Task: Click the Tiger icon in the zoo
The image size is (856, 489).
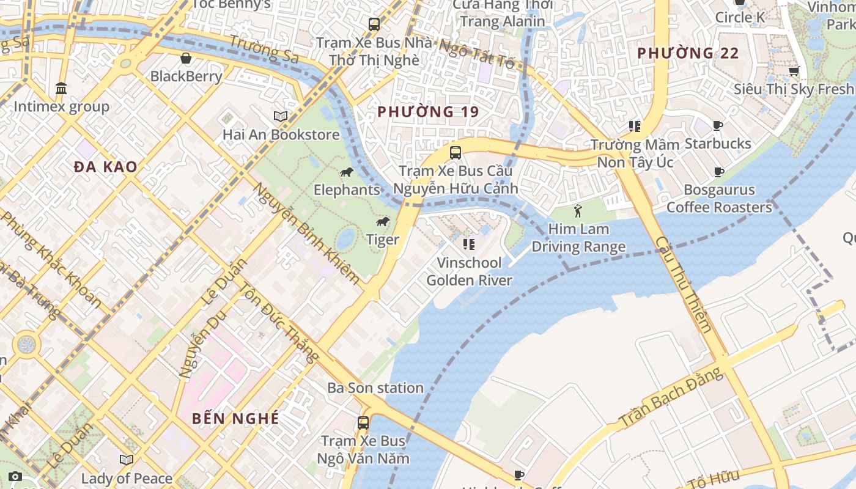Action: [x=383, y=221]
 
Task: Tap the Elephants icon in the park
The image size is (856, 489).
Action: [x=347, y=172]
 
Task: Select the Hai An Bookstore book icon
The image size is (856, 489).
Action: [x=281, y=116]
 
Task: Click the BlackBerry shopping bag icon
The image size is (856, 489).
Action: [x=186, y=58]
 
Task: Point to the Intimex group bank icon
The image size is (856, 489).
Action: [x=61, y=89]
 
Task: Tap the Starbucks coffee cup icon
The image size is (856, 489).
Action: [x=718, y=126]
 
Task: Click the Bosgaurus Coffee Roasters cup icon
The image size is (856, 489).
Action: [x=719, y=172]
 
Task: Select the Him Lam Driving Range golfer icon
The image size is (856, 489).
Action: [x=578, y=211]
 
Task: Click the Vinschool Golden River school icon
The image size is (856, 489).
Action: [x=469, y=244]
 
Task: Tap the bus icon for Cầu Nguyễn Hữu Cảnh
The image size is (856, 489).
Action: [x=456, y=153]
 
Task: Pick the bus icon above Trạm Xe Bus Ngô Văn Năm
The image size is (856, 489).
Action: [x=363, y=422]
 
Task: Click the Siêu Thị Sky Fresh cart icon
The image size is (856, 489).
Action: [x=794, y=71]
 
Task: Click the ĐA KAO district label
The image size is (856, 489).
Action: [x=106, y=167]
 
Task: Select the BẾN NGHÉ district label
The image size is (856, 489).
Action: [x=235, y=419]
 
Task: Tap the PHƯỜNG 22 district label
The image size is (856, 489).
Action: [x=688, y=53]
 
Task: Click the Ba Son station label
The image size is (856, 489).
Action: [x=375, y=388]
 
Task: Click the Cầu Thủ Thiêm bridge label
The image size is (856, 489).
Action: [x=684, y=284]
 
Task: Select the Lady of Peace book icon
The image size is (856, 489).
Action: [x=127, y=460]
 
